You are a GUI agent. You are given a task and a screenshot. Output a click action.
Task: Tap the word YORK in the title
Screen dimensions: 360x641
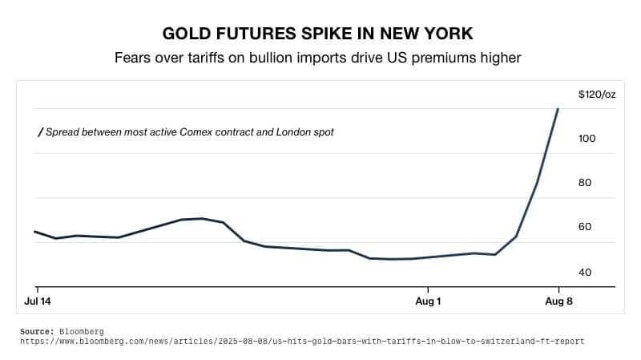(x=446, y=34)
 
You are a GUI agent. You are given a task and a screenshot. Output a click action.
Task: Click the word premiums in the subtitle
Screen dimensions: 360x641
(x=448, y=58)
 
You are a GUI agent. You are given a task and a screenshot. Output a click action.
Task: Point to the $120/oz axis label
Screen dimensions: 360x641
(x=597, y=95)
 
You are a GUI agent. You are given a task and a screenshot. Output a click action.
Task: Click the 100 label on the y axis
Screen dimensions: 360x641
(x=587, y=139)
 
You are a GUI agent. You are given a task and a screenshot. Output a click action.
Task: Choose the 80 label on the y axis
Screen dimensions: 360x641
(x=585, y=183)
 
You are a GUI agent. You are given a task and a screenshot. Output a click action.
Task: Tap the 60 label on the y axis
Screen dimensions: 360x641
(x=585, y=227)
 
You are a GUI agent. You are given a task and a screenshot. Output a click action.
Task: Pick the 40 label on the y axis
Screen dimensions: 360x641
(x=585, y=273)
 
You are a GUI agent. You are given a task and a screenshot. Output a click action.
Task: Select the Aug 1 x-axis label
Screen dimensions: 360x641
(x=428, y=301)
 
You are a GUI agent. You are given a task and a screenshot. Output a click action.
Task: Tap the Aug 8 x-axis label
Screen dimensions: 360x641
(x=558, y=301)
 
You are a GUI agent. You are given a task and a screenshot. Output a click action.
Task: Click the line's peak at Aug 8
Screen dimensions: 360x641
(x=558, y=109)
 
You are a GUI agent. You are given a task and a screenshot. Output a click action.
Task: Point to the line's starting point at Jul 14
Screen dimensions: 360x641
(x=34, y=232)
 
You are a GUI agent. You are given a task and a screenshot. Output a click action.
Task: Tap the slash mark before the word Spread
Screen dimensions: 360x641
(x=40, y=131)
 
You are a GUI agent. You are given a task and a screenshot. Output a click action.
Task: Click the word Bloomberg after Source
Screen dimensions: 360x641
(x=82, y=331)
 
